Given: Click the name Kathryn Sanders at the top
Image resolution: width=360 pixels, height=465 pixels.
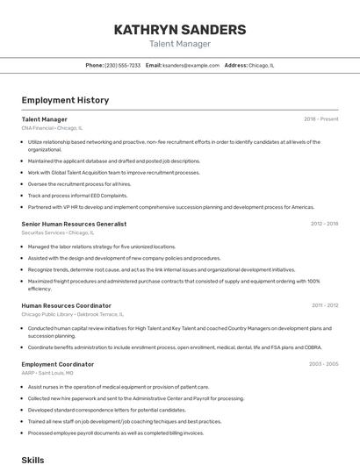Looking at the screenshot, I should click(x=179, y=29).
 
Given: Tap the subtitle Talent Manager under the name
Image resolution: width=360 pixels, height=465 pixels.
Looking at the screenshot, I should click(x=179, y=44).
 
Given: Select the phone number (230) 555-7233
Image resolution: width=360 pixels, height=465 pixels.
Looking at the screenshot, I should click(x=122, y=65).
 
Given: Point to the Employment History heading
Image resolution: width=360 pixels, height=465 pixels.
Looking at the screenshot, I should click(x=65, y=100).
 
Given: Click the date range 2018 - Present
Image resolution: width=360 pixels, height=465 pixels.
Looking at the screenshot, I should click(x=320, y=119).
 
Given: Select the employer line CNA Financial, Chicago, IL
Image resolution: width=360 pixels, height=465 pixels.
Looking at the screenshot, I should click(x=52, y=128).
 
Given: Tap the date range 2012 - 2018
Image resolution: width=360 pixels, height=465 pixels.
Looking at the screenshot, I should click(x=324, y=224).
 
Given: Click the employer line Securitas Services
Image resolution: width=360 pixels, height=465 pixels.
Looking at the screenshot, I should click(x=57, y=232).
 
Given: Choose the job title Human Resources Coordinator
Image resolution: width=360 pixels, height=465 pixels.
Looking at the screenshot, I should click(x=66, y=305).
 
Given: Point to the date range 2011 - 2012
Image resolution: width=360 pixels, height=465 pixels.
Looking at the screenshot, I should click(x=324, y=305).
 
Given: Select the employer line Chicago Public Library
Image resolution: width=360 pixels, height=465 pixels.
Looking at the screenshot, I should click(x=72, y=314).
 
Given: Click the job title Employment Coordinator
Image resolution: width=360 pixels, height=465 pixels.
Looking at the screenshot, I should click(x=58, y=364).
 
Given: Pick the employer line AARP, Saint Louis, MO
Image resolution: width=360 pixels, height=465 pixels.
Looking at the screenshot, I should click(x=47, y=373).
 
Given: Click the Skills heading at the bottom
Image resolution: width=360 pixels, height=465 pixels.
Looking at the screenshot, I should click(x=32, y=459).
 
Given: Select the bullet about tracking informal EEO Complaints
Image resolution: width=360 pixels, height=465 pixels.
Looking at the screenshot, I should click(x=77, y=196).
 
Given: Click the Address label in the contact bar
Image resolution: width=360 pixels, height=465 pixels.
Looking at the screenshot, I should click(x=235, y=65).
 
